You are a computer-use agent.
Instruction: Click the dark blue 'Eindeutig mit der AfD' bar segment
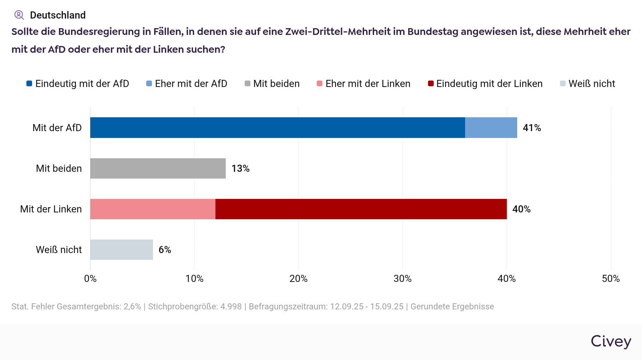click(277, 128)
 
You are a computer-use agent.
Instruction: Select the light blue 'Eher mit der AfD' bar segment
click(491, 128)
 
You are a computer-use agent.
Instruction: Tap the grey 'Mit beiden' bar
click(158, 168)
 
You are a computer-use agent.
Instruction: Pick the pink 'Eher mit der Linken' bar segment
click(153, 209)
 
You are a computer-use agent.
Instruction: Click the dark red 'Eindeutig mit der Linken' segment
click(361, 209)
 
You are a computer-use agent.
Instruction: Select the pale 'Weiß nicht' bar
click(121, 250)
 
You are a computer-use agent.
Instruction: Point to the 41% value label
click(532, 128)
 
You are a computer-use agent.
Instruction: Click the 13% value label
click(240, 169)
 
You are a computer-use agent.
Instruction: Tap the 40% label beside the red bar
click(521, 209)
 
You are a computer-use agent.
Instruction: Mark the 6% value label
click(165, 250)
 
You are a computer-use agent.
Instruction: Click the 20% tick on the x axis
click(299, 279)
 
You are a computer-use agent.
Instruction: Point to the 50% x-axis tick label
click(611, 279)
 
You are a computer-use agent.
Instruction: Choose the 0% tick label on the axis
click(90, 279)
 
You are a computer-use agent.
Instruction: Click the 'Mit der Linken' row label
click(51, 209)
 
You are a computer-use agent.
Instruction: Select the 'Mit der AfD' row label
click(57, 128)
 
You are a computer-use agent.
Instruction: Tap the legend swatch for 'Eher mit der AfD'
click(149, 83)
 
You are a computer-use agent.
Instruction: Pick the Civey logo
click(611, 341)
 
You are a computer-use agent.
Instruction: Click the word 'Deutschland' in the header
click(58, 15)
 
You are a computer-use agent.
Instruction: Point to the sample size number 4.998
click(231, 307)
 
